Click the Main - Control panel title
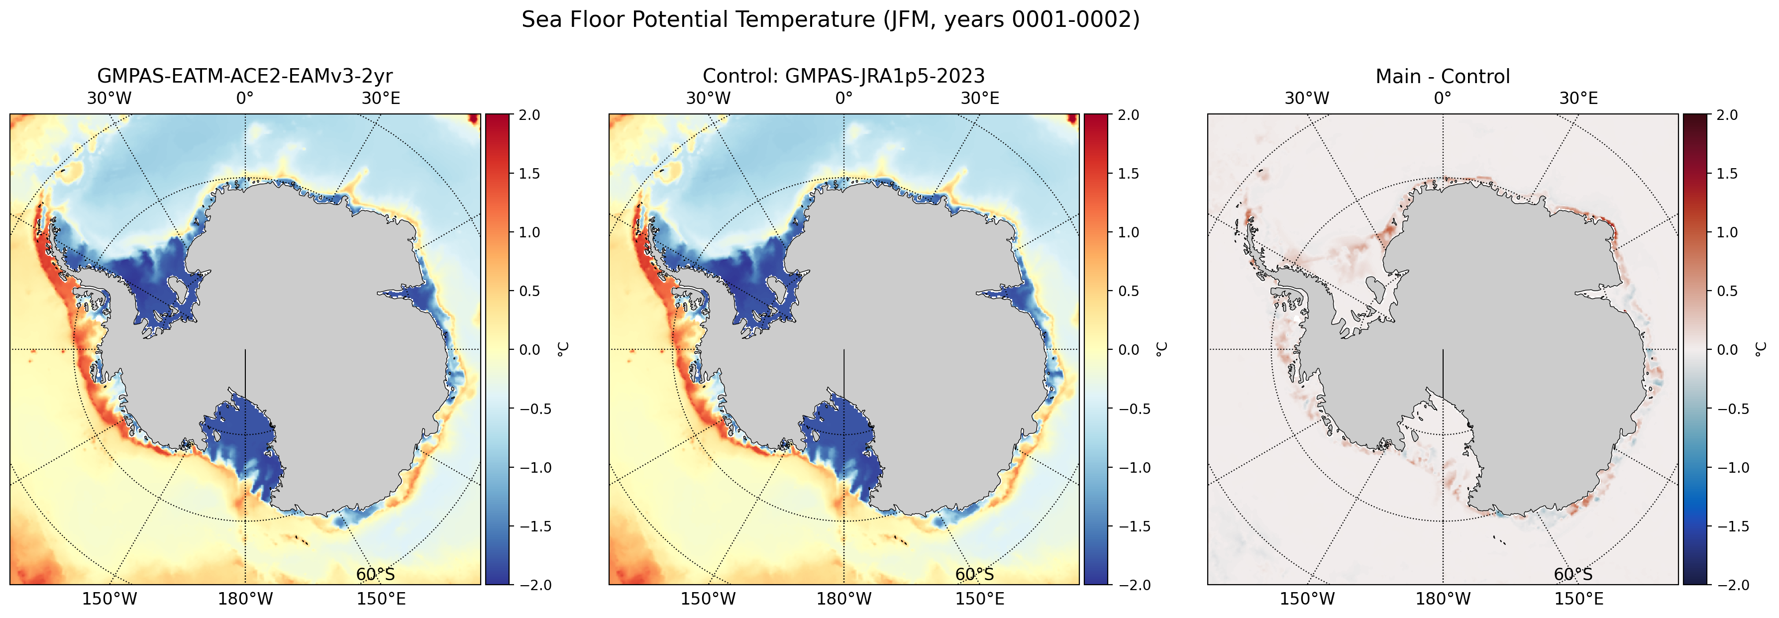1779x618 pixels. [1443, 76]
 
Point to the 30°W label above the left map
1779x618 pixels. [109, 98]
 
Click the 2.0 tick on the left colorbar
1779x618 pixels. [529, 114]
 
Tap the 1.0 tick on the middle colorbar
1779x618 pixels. [1129, 232]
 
